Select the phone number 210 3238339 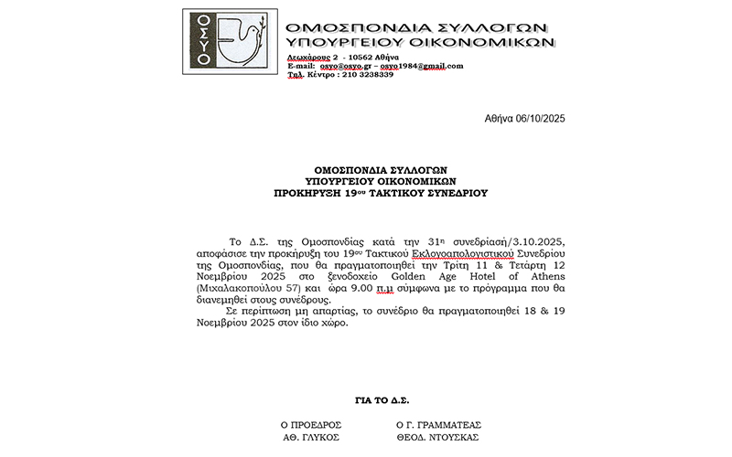(366, 74)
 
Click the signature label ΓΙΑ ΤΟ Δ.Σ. (382, 399)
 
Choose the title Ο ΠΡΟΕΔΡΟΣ (311, 425)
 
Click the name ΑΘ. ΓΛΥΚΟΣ (311, 437)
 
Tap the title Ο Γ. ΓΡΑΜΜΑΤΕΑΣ (437, 425)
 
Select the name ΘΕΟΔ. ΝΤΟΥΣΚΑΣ (437, 437)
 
